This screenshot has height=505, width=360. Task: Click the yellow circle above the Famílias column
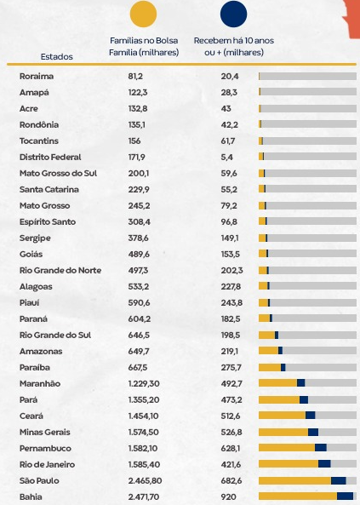pos(143,14)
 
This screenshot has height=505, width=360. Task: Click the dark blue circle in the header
pos(234,14)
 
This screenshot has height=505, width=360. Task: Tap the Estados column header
pos(57,57)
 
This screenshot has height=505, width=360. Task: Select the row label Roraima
pos(37,77)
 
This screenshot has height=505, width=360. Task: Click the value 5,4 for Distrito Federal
pos(227,158)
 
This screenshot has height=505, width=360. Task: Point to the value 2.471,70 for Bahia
pos(144,496)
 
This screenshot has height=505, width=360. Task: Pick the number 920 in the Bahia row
pos(229,496)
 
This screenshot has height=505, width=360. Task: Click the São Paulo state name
pos(39,480)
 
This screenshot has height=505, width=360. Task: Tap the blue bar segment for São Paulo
pos(339,480)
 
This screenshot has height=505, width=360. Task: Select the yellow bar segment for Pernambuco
pos(287,448)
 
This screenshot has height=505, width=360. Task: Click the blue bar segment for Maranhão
pos(300,383)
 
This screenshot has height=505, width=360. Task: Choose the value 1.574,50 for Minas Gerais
pos(143,432)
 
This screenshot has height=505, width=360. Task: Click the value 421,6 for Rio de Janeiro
pos(231,464)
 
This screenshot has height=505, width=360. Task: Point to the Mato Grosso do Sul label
pos(58,173)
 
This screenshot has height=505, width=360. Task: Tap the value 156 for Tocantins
pos(134,141)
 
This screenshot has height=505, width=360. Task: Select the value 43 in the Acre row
pos(226,108)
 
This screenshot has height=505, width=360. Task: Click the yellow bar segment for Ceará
pos(282,415)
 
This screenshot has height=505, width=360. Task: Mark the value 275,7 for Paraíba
pos(231,368)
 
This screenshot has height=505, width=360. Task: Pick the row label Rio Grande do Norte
pos(60,270)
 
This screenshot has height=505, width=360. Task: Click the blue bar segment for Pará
pos(304,399)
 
